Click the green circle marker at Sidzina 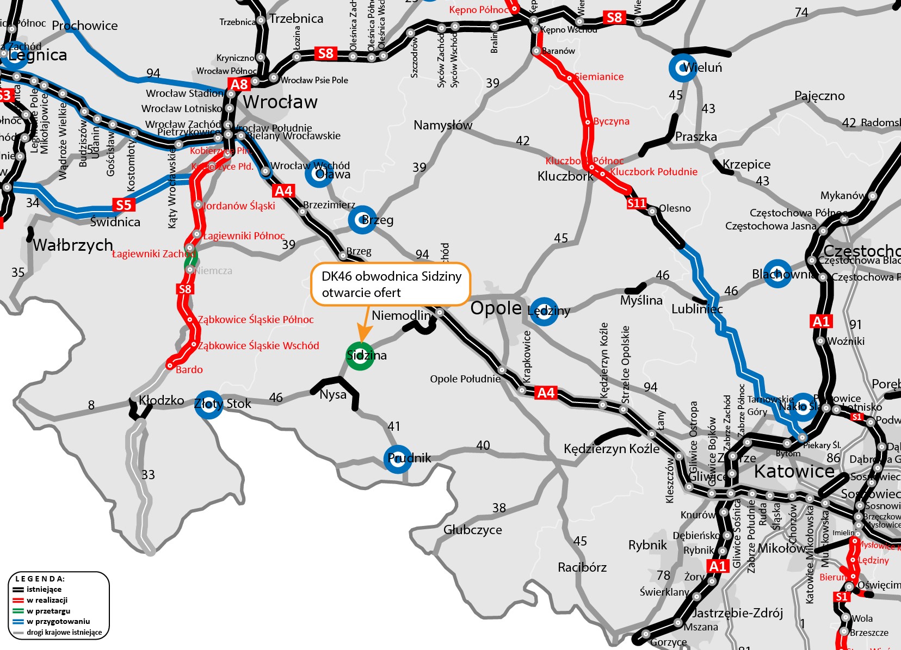360,356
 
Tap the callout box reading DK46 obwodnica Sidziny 390,284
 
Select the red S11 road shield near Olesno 637,203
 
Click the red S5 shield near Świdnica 124,205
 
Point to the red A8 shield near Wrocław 239,84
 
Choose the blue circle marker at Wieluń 683,68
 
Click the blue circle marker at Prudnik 398,459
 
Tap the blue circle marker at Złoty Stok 208,404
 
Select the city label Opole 496,308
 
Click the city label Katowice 794,471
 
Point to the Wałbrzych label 73,245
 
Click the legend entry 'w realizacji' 47,600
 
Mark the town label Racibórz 582,567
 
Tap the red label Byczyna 611,121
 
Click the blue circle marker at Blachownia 777,274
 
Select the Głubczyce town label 472,530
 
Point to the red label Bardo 189,370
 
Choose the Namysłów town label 443,125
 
